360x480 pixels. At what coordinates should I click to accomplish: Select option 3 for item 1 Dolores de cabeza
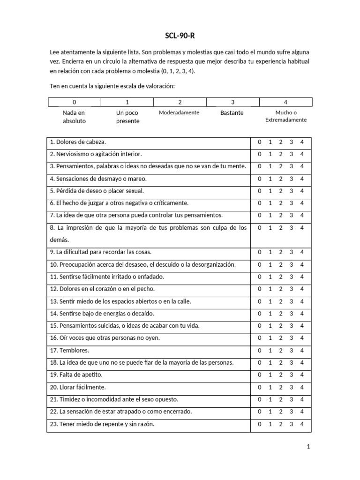(x=291, y=142)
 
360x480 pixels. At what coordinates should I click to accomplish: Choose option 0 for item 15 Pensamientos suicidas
(x=259, y=326)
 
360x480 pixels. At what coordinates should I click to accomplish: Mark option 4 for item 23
(x=302, y=424)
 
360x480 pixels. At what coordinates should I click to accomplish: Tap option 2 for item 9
(x=280, y=252)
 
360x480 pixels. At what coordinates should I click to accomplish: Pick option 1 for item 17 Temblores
(x=270, y=350)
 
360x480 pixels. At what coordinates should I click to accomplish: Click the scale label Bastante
(x=232, y=113)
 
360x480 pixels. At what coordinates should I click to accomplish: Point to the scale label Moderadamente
(x=179, y=113)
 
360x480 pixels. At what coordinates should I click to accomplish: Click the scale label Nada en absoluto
(x=74, y=117)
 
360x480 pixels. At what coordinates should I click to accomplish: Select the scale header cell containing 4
(x=285, y=102)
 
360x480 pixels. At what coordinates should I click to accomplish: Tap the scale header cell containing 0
(x=74, y=102)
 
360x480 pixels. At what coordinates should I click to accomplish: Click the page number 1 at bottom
(x=308, y=447)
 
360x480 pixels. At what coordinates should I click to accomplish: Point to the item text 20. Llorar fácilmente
(x=78, y=387)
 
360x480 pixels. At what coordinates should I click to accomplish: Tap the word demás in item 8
(x=59, y=240)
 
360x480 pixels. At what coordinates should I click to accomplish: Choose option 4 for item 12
(x=302, y=289)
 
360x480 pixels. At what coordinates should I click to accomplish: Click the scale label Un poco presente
(x=127, y=117)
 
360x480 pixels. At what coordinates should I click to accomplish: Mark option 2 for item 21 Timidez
(x=280, y=399)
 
